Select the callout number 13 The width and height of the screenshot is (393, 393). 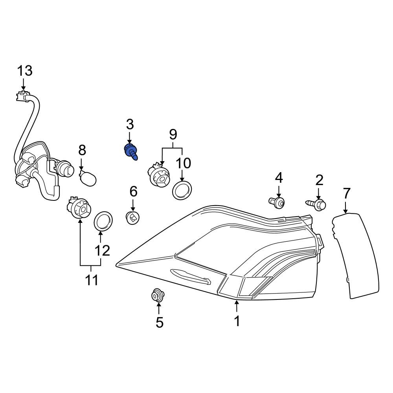(24, 71)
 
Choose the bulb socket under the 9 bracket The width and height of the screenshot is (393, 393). (158, 175)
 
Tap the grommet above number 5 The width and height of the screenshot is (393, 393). (158, 295)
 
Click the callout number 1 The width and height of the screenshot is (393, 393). (237, 321)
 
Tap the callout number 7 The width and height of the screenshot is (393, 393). (346, 193)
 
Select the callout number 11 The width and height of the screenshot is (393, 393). (92, 280)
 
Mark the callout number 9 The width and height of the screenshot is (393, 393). (173, 135)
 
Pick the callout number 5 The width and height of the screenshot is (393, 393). (159, 322)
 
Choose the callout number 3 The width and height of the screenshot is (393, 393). (130, 125)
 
